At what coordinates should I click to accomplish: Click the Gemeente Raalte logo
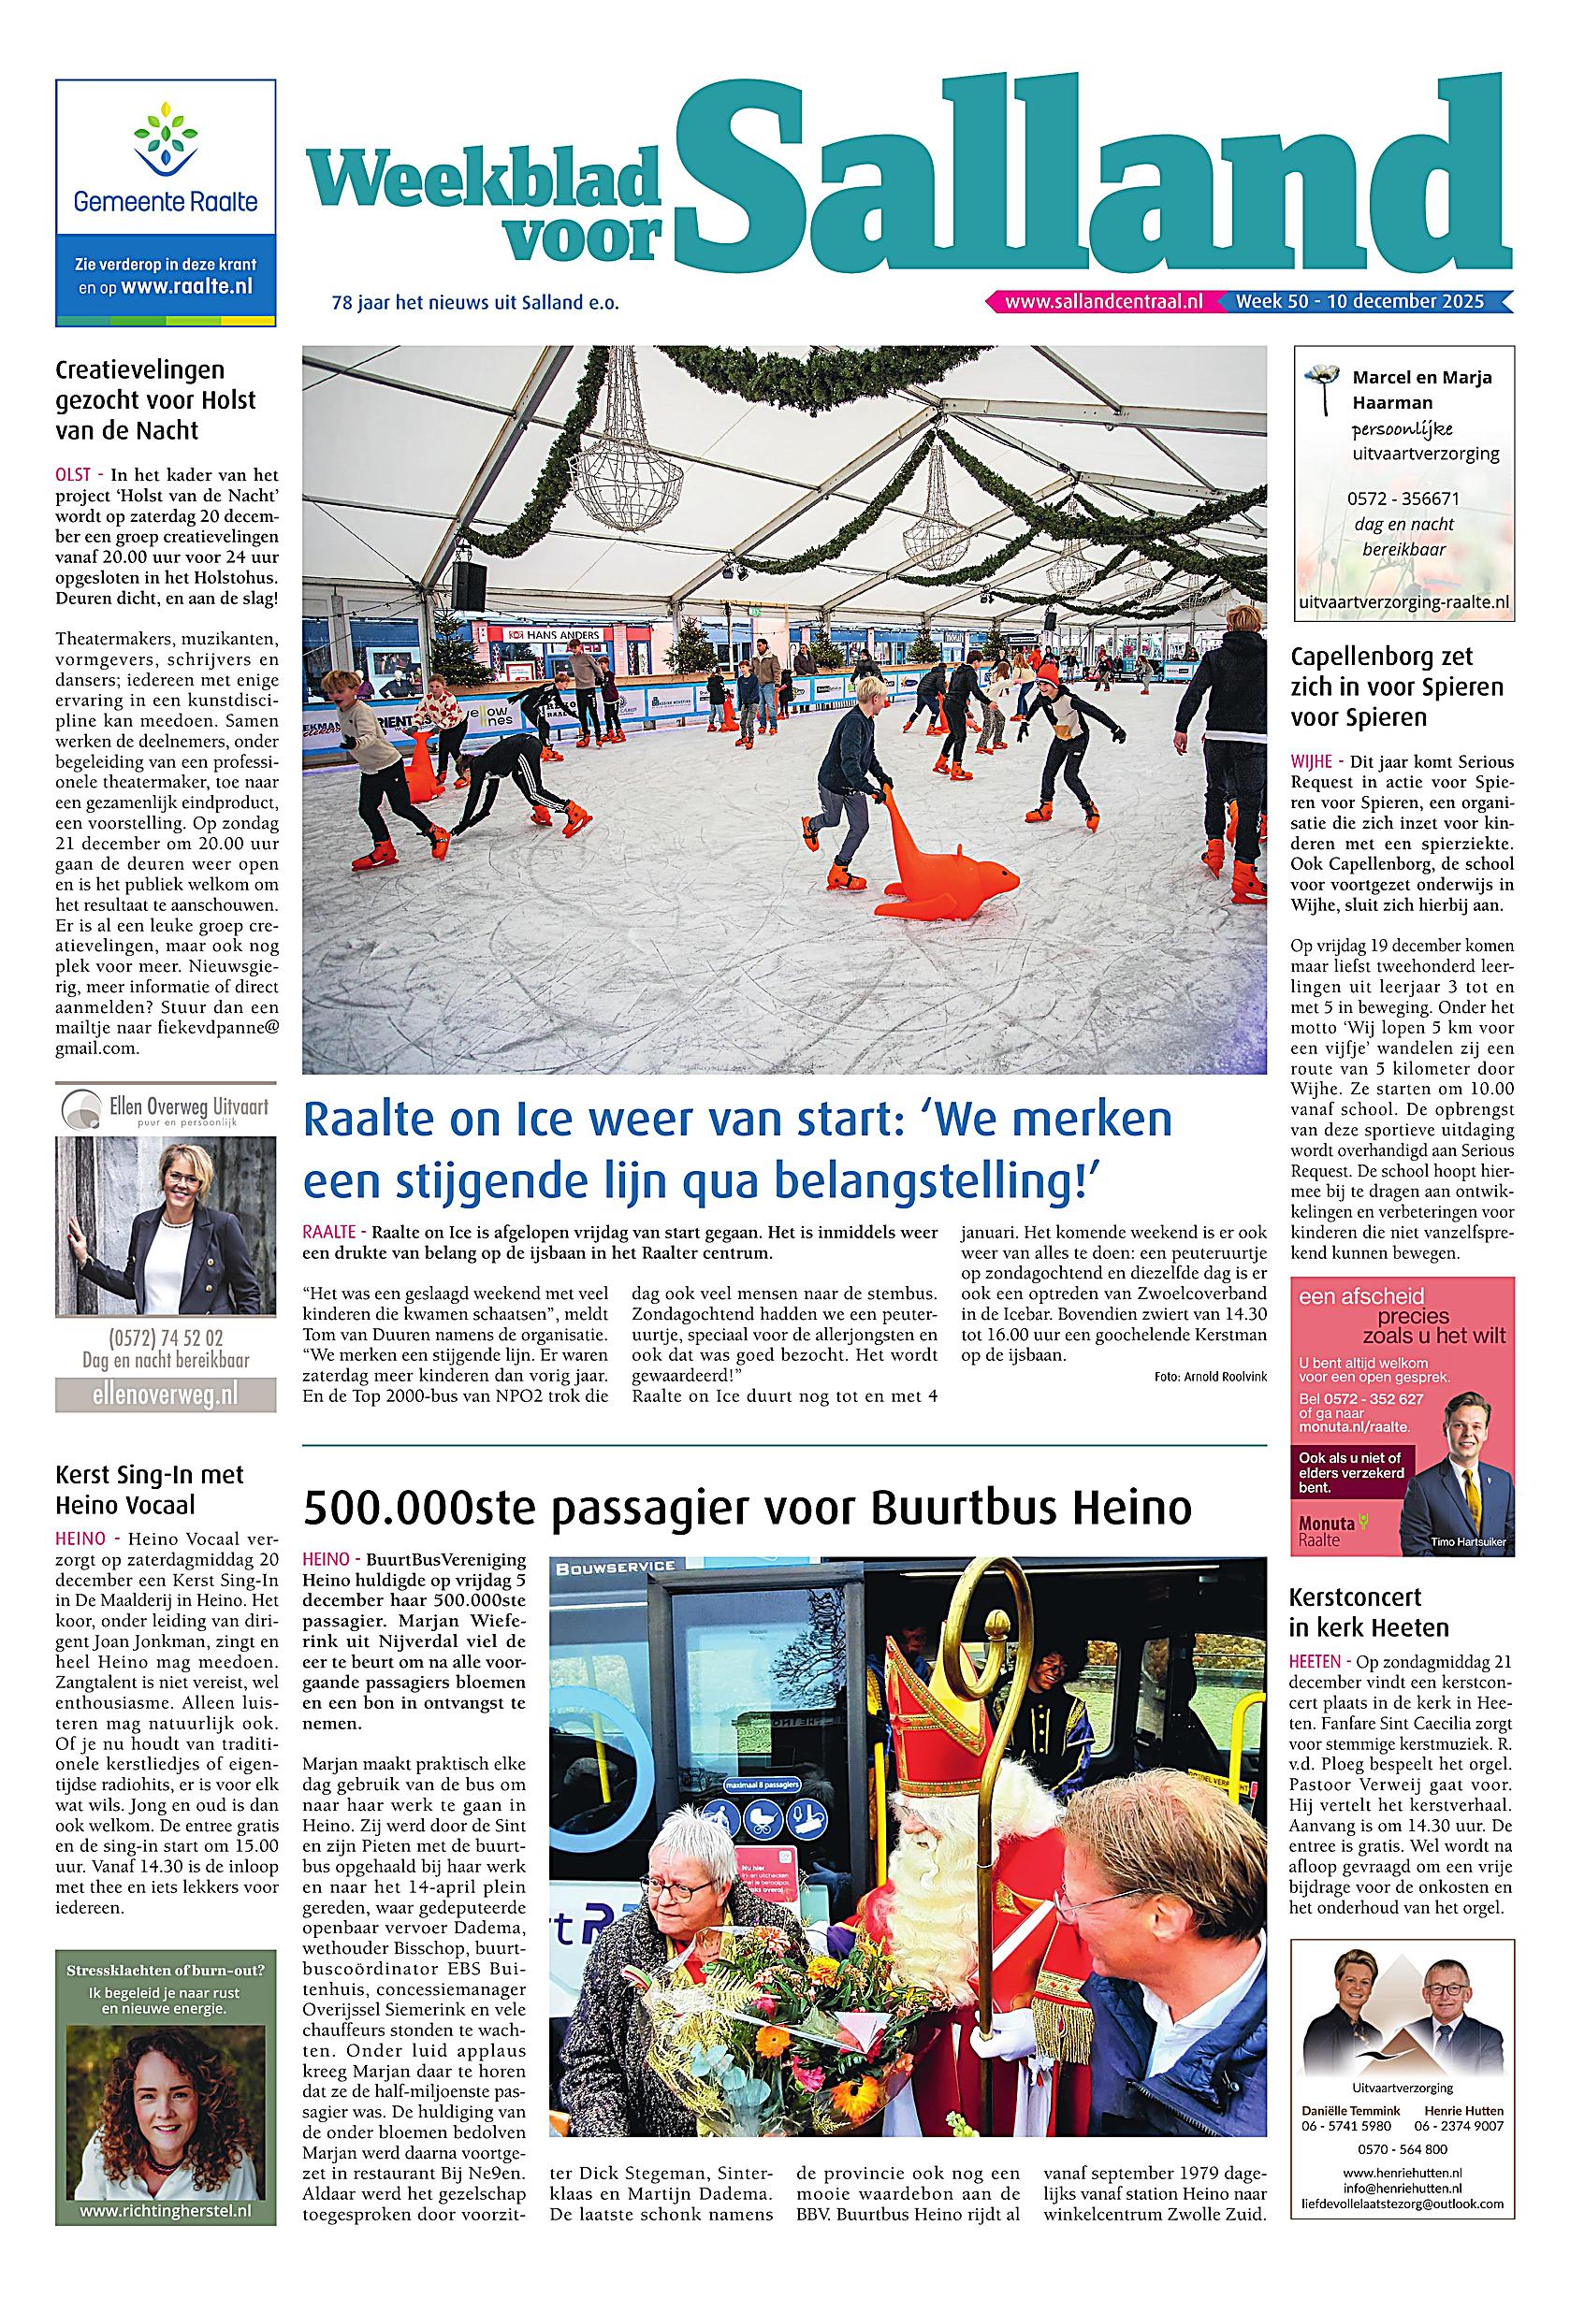tap(166, 158)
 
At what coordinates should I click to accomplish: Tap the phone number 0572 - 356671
tap(1403, 499)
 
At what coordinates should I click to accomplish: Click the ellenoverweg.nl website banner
tap(166, 1395)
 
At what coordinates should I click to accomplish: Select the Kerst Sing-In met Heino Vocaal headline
tap(150, 1490)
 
